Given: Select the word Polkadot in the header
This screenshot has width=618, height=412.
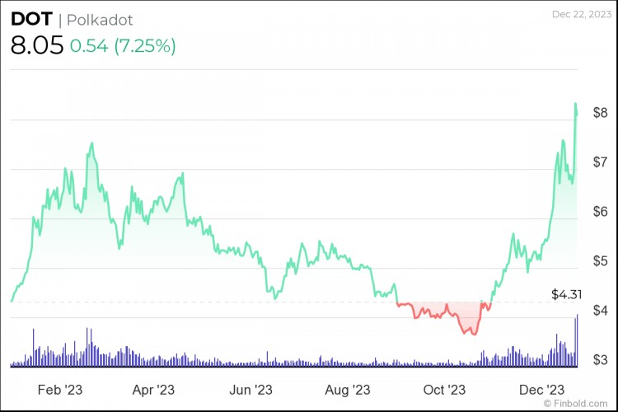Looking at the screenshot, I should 101,20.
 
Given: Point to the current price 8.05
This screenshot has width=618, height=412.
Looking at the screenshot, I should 36,46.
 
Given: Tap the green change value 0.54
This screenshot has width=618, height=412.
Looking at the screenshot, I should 87,46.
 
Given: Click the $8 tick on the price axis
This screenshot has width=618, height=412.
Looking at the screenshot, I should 600,113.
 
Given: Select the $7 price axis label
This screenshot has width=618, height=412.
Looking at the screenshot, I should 600,162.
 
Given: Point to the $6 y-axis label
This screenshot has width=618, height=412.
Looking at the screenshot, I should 600,212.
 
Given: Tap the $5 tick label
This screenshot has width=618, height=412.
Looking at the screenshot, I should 600,261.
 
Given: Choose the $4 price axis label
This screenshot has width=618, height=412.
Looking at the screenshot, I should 600,311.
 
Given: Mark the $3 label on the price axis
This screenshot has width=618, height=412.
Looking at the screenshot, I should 600,360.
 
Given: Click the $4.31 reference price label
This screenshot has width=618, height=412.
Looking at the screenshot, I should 566,294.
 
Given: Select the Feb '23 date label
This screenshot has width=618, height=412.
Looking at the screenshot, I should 61,388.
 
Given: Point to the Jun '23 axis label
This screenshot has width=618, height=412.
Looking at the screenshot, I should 250,388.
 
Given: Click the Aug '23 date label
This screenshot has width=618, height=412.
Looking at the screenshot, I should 349,388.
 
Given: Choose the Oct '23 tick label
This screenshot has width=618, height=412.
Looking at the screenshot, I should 445,388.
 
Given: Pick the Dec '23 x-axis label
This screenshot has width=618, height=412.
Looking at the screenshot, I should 541,388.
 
